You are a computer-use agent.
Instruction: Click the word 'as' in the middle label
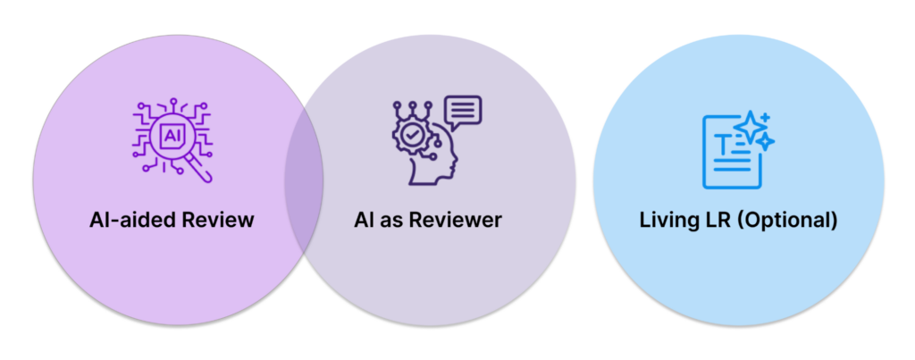tap(394, 221)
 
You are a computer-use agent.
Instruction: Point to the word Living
tap(667, 220)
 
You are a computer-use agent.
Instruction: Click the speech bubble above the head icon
tap(462, 112)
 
